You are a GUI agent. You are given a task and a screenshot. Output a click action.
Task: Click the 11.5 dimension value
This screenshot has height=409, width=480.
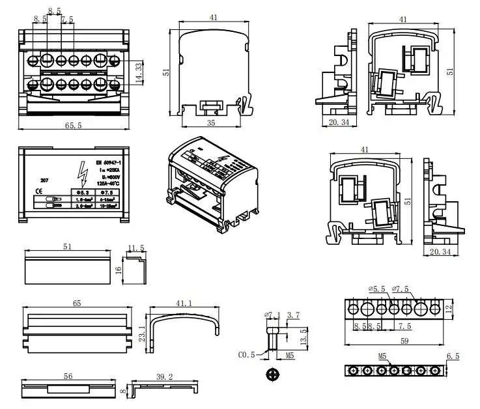coord(136,248)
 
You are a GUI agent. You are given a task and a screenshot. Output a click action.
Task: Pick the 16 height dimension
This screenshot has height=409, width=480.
coord(119,270)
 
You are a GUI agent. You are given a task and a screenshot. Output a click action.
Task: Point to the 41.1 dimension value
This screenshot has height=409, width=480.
coord(184,303)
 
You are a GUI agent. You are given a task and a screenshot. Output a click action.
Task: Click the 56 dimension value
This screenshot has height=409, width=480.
coord(68,376)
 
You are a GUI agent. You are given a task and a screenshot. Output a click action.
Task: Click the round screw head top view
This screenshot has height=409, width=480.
coord(272,375)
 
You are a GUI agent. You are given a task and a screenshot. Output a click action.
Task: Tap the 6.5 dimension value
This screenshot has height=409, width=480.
coord(453,356)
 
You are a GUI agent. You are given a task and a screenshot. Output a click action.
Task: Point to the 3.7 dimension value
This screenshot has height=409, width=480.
coord(294,315)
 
